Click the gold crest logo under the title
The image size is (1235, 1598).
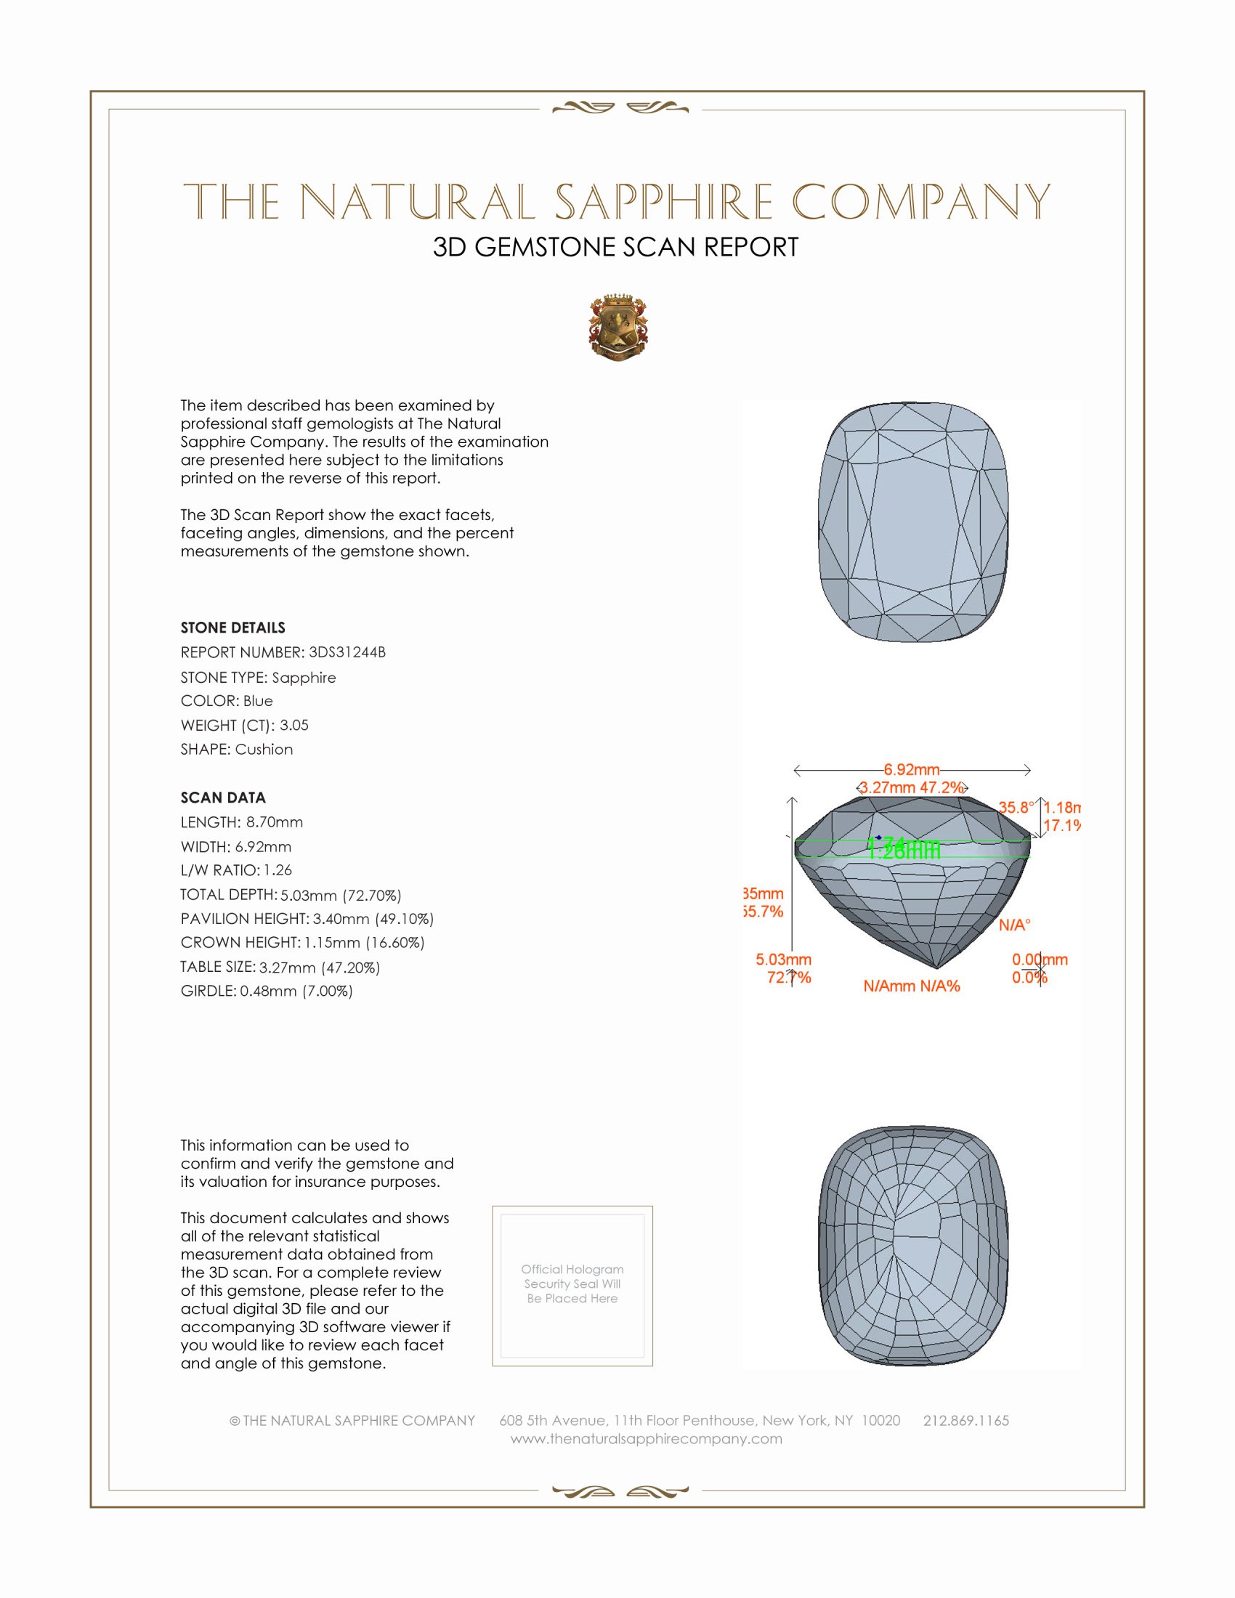click(x=618, y=327)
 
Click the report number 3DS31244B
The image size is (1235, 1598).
click(x=347, y=652)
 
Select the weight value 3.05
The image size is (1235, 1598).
click(x=293, y=725)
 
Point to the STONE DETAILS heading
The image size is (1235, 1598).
click(x=232, y=628)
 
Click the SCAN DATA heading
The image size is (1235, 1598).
click(x=223, y=798)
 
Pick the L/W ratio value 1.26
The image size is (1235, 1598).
click(x=278, y=870)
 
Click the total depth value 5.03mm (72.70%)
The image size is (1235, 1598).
click(x=340, y=895)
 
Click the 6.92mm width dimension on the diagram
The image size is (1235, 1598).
click(x=911, y=770)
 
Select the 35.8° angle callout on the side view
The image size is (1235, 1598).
click(x=1016, y=808)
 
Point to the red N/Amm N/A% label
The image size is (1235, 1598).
click(x=911, y=986)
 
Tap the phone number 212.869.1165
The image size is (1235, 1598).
click(x=965, y=1420)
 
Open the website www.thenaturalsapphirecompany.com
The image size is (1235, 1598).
click(x=646, y=1438)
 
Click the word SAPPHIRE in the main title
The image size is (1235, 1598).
click(x=663, y=202)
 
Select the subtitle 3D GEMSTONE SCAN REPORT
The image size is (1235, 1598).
click(x=615, y=247)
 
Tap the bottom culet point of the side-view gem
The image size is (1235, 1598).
click(x=936, y=968)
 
